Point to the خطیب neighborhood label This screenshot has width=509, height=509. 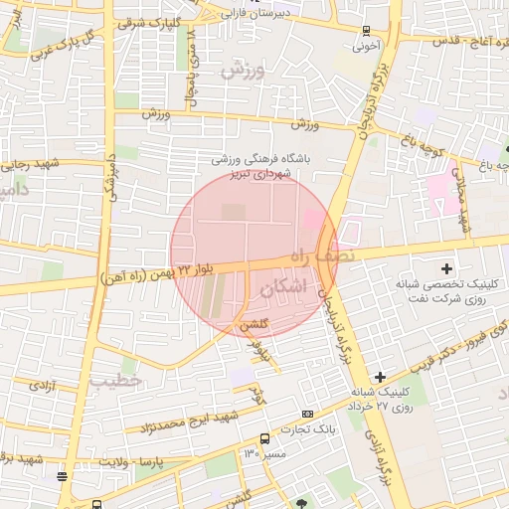pyautogui.click(x=116, y=380)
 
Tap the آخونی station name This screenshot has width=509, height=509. pyautogui.click(x=368, y=46)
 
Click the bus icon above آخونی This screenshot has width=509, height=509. pyautogui.click(x=367, y=30)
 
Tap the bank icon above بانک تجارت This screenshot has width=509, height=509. pyautogui.click(x=307, y=414)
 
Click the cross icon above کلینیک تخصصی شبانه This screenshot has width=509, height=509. pyautogui.click(x=446, y=268)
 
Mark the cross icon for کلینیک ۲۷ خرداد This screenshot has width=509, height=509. pyautogui.click(x=379, y=377)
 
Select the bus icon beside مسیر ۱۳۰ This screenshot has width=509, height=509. pyautogui.click(x=264, y=438)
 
